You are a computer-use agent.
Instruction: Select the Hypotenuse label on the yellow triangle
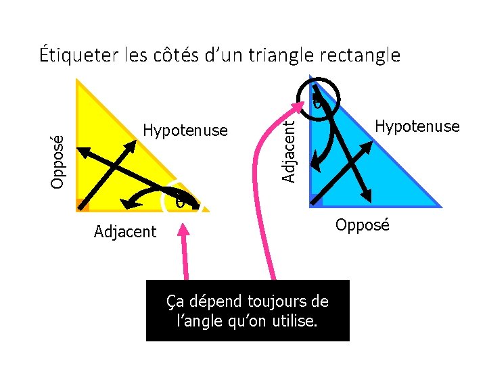pos(186,130)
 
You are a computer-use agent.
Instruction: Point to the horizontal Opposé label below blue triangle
pos(363,225)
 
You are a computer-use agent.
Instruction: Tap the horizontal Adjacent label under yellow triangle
pos(125,232)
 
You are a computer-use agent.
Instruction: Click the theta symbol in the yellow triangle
pos(179,201)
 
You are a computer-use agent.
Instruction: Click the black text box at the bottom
pos(248,310)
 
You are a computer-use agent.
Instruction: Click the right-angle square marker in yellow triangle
pos(83,205)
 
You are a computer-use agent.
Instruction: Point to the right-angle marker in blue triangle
pos(316,200)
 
